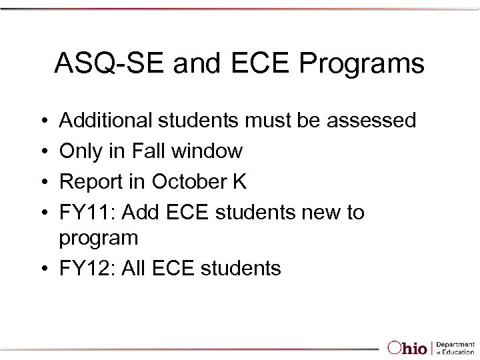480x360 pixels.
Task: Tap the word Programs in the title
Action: coord(364,64)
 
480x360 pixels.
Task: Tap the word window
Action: coord(207,151)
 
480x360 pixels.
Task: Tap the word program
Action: coord(99,238)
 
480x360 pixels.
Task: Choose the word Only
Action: coord(80,151)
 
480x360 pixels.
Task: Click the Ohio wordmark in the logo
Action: coord(409,347)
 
